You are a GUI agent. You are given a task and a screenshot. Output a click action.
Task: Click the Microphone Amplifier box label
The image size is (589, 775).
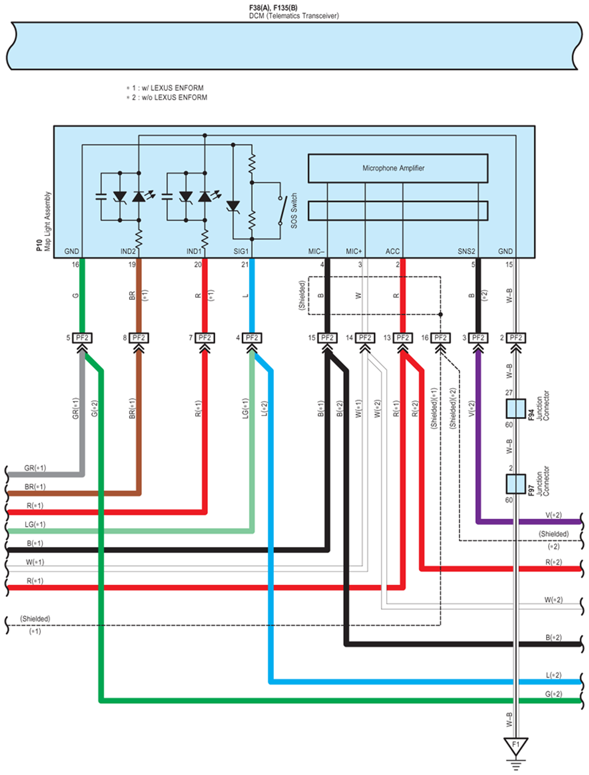(393, 168)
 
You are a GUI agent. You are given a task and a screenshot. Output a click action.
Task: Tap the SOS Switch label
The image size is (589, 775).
(294, 210)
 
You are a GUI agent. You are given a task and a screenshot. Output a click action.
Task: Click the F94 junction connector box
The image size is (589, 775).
(516, 409)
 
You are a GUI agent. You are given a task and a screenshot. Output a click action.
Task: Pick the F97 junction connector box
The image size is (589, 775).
(516, 484)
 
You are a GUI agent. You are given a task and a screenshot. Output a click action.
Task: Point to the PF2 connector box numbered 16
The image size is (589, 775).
(440, 338)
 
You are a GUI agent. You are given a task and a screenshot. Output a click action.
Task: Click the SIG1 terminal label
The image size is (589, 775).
(241, 251)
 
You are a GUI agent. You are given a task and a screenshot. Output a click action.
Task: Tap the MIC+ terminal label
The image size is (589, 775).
(354, 251)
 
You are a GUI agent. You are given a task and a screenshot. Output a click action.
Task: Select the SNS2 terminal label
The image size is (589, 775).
(466, 251)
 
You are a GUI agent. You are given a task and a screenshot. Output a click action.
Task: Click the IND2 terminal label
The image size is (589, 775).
(128, 251)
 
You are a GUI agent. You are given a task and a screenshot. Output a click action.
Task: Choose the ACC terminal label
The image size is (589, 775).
(392, 251)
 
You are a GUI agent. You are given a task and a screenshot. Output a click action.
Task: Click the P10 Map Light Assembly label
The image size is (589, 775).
(45, 221)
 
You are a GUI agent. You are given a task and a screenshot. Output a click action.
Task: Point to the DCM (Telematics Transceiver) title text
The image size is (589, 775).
(294, 16)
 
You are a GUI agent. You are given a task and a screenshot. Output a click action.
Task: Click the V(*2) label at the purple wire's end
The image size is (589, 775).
(553, 515)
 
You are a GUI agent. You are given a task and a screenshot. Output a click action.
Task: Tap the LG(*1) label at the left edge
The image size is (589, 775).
(35, 524)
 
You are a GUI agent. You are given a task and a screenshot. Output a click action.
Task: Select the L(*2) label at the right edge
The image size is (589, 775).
(553, 675)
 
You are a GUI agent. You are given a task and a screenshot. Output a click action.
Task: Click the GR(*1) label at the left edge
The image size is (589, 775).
(35, 468)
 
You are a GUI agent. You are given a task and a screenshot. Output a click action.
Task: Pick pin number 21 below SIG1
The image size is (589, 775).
(245, 265)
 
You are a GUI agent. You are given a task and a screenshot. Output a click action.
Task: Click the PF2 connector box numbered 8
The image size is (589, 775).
(139, 338)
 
